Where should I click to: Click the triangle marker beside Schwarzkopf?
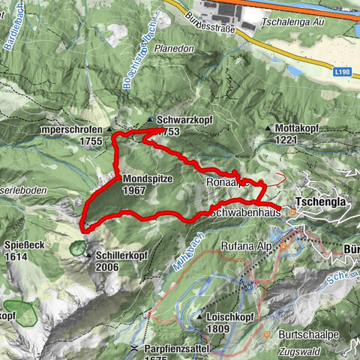click(150, 120)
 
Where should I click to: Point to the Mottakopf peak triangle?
click(268, 128)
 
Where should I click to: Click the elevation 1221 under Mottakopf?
click(286, 139)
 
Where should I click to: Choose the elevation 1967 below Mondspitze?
click(136, 191)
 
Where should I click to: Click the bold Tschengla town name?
click(321, 203)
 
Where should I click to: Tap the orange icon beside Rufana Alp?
click(283, 245)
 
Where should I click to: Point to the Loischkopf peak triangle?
click(199, 317)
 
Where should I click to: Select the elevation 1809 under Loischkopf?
click(217, 328)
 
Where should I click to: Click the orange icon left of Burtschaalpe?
click(267, 334)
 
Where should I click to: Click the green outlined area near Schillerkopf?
click(77, 246)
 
